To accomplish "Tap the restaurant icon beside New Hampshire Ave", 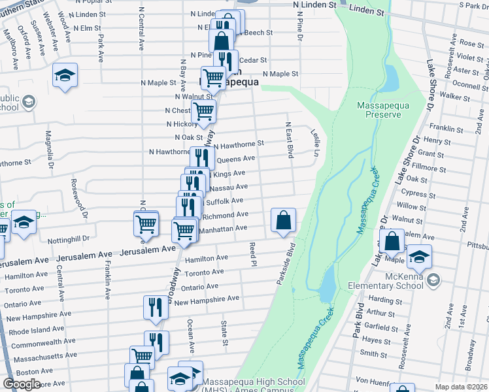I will pyautogui.click(x=156, y=307).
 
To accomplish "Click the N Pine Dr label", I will pyautogui.click(x=300, y=44).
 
